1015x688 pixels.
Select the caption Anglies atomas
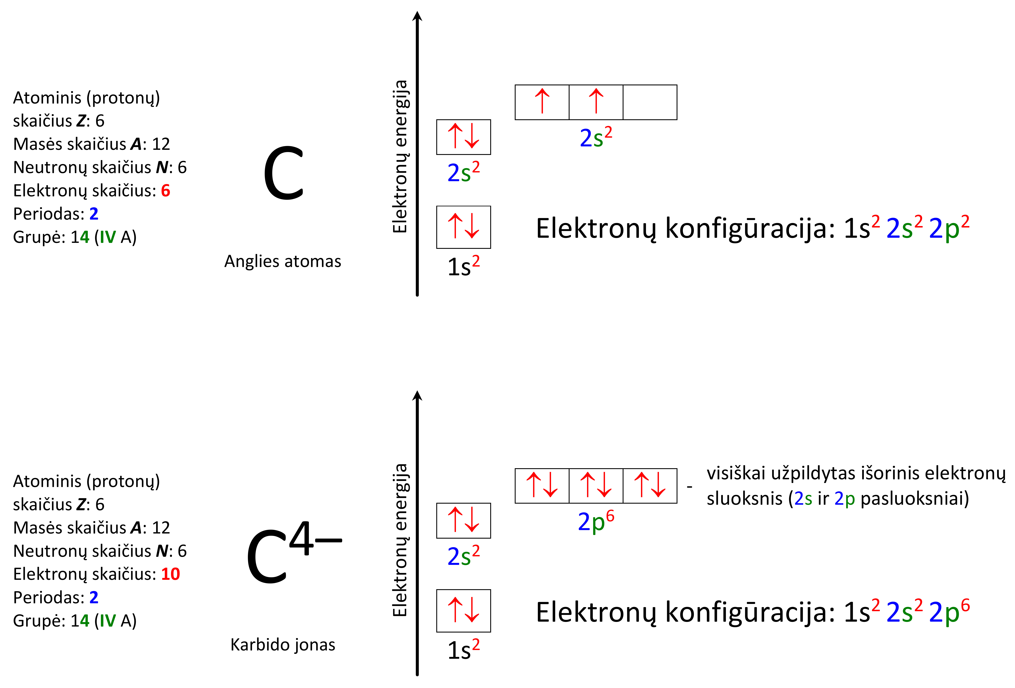pyautogui.click(x=283, y=261)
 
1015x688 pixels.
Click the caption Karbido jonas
pyautogui.click(x=283, y=645)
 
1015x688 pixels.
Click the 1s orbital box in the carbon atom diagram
pyautogui.click(x=463, y=227)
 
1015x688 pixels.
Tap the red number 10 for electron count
pyautogui.click(x=170, y=574)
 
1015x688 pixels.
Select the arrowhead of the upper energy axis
pyautogui.click(x=417, y=16)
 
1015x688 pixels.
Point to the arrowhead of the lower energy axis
pyautogui.click(x=417, y=396)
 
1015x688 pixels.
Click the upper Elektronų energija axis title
pyautogui.click(x=400, y=157)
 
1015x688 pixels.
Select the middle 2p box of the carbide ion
pyautogui.click(x=596, y=486)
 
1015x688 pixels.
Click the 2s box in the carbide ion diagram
pyautogui.click(x=463, y=520)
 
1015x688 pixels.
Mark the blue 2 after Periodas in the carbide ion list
pyautogui.click(x=94, y=597)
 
